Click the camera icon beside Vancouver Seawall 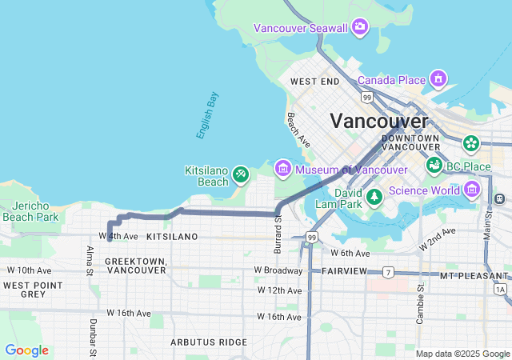point(360,28)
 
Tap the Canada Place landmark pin point(438,79)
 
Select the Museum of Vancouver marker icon point(282,169)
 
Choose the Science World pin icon point(471,190)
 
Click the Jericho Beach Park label point(30,211)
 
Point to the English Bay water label point(207,116)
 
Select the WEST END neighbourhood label point(315,82)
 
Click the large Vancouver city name point(379,121)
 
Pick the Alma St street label point(90,261)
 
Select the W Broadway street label point(278,270)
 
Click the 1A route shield point(501,289)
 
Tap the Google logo point(26,350)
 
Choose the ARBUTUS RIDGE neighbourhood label point(209,342)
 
